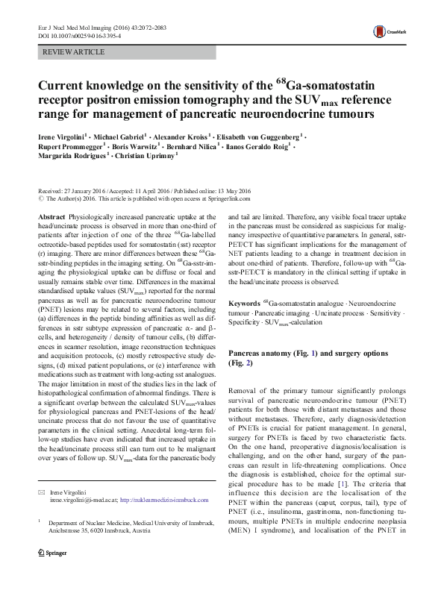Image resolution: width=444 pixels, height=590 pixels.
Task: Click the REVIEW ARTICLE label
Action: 75,51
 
